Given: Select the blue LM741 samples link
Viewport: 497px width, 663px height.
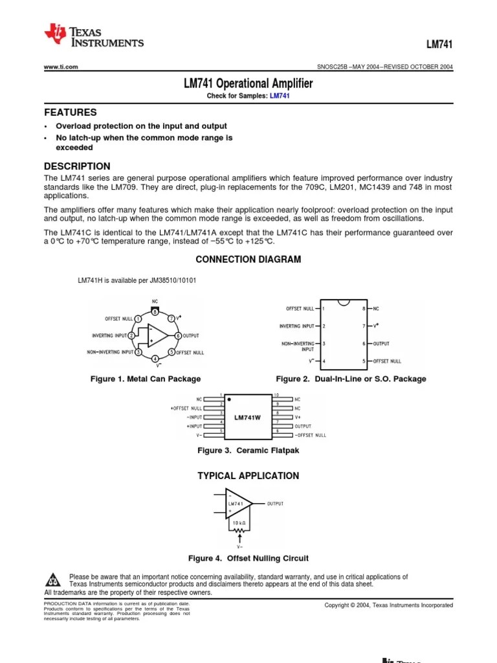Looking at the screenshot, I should tap(280, 96).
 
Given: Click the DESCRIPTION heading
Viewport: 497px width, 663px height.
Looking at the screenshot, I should tap(77, 166).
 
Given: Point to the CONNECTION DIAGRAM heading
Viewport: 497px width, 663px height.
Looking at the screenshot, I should tap(248, 259).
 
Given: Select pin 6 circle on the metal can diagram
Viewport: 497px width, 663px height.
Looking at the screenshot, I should tap(178, 335).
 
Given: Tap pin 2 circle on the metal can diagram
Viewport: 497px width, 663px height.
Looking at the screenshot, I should tap(131, 335).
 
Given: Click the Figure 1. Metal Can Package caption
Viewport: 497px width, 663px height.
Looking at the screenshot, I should tap(146, 379).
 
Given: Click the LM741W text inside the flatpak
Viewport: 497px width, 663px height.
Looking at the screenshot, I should tap(247, 418).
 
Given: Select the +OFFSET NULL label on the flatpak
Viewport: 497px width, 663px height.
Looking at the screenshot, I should tap(186, 409).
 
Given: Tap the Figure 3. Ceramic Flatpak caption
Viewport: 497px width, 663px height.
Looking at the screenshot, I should tap(248, 450).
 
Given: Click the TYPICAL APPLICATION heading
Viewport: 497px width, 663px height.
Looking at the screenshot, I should tap(248, 476).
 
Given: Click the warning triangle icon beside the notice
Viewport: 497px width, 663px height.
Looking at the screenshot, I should tap(54, 578).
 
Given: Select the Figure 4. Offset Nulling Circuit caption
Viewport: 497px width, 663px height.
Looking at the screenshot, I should tap(248, 558).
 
